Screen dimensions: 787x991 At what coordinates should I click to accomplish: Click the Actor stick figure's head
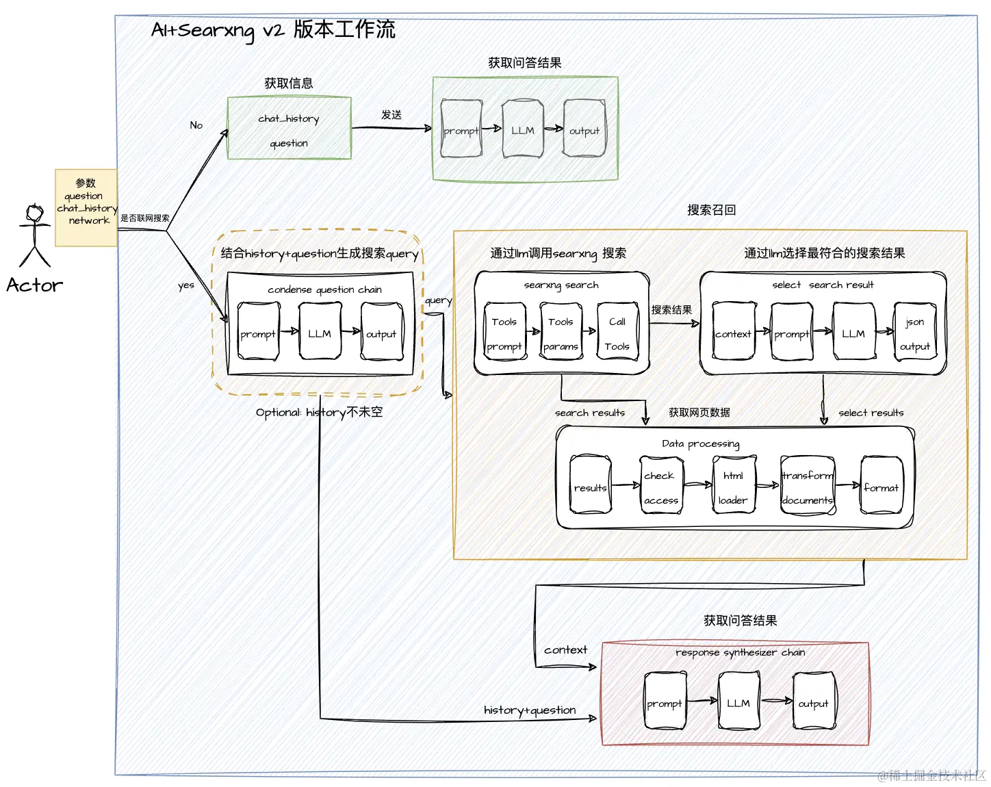coord(34,213)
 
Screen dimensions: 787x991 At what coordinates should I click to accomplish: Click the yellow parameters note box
coord(86,207)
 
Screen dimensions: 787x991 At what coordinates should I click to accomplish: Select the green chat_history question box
coord(289,129)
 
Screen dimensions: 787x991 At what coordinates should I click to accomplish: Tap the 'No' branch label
coord(196,125)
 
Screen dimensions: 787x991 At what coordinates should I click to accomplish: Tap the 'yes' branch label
coord(186,285)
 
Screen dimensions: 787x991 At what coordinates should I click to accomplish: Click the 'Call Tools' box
coord(617,333)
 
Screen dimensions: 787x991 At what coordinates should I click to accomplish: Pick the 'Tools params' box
coord(561,333)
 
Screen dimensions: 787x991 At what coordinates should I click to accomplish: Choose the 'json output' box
coord(915,333)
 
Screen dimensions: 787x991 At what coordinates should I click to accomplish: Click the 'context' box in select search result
coord(733,333)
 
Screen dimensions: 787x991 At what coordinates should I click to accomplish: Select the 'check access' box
coord(660,487)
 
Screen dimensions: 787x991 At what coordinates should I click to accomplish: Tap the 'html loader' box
coord(733,487)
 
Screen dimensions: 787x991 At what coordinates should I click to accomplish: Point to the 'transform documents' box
coord(808,487)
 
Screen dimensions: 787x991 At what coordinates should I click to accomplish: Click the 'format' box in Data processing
coord(881,487)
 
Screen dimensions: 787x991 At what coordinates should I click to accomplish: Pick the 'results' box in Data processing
coord(590,487)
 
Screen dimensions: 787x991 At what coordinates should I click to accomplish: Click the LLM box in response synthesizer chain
coord(738,702)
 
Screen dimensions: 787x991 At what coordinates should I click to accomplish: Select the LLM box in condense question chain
coord(320,333)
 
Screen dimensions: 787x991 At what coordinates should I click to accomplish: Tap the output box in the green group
coord(584,129)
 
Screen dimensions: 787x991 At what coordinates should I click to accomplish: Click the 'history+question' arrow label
coord(530,710)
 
